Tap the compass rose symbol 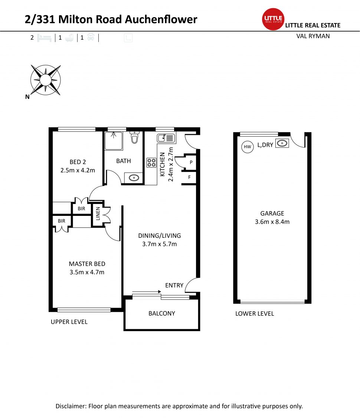pos(45,80)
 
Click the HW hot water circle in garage pos(248,147)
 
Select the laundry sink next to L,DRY pos(282,143)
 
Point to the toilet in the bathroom pos(135,139)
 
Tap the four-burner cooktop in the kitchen pos(151,162)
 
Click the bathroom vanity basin pos(134,178)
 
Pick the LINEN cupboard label pos(98,214)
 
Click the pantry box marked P pos(191,162)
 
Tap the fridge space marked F pos(190,177)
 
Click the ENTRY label pos(174,285)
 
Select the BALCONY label pos(161,313)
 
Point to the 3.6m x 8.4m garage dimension pos(272,222)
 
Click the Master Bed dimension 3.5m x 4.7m pos(87,272)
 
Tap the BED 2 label pos(78,162)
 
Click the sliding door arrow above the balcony pos(146,292)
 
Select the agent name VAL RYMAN pos(313,36)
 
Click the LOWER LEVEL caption pos(255,314)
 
